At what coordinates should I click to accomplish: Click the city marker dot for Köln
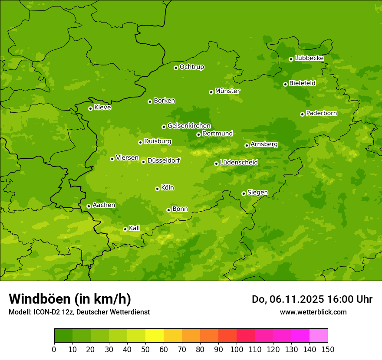(157, 189)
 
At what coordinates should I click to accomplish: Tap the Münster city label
(227, 91)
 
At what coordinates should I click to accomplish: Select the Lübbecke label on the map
(309, 58)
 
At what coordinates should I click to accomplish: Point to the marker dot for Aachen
(89, 206)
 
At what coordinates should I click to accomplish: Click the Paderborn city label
(321, 113)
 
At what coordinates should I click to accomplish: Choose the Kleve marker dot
(90, 108)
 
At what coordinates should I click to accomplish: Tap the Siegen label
(257, 193)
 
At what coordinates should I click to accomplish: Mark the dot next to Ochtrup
(176, 68)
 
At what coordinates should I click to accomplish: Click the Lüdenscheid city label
(239, 163)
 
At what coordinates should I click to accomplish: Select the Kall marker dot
(125, 229)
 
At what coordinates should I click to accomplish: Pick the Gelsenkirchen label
(189, 126)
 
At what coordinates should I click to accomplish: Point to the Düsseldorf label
(163, 160)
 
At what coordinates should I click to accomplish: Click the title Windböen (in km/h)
(69, 299)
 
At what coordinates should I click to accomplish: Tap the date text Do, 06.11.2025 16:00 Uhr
(312, 299)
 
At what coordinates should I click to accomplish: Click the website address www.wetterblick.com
(313, 312)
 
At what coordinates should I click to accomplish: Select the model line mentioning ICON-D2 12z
(79, 312)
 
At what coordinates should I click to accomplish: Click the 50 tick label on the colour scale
(145, 350)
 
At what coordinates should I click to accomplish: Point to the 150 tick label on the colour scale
(328, 350)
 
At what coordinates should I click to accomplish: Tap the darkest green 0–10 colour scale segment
(63, 336)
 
